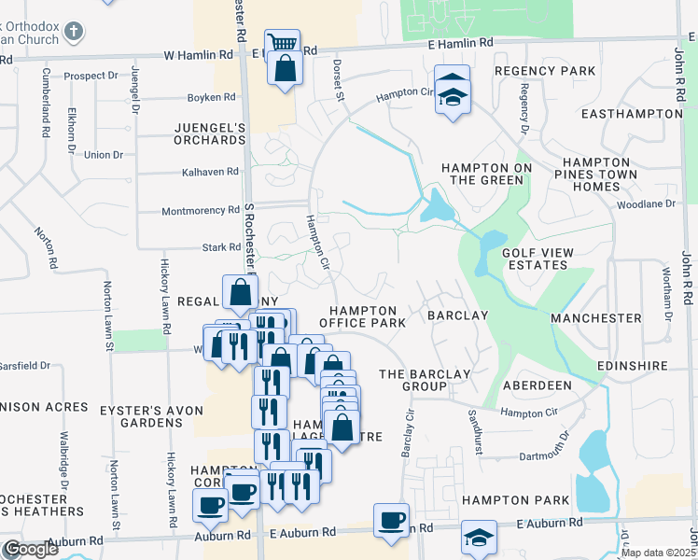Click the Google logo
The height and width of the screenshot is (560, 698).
[x=30, y=549]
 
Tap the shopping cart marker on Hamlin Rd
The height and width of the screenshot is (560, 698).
[x=281, y=43]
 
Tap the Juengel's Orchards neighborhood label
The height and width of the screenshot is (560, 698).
[x=209, y=133]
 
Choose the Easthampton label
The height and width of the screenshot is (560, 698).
[x=631, y=114]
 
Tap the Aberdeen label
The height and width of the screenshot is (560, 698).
[x=537, y=385]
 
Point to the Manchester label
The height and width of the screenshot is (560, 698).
[x=596, y=318]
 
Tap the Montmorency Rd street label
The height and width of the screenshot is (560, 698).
[x=201, y=211]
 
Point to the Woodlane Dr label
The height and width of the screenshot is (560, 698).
[x=645, y=203]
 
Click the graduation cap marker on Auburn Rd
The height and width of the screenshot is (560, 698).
[x=479, y=539]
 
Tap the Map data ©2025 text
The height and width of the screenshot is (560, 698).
[x=656, y=553]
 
